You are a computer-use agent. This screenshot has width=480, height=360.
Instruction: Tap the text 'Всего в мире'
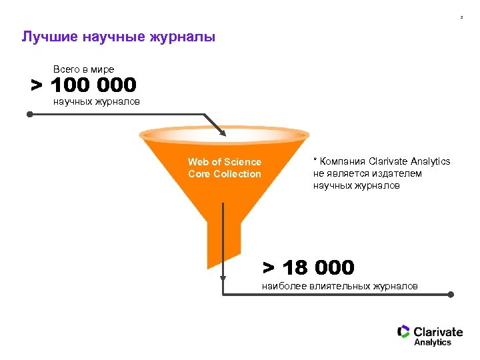pyautogui.click(x=83, y=69)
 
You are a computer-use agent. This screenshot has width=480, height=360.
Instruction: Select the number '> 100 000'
pyautogui.click(x=83, y=85)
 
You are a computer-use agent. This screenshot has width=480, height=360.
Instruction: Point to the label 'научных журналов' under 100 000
pyautogui.click(x=96, y=102)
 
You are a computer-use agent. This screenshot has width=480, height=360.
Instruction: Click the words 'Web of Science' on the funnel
pyautogui.click(x=225, y=162)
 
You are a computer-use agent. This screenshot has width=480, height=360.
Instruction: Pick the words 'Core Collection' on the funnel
pyautogui.click(x=225, y=174)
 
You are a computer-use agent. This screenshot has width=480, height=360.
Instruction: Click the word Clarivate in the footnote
pyautogui.click(x=389, y=161)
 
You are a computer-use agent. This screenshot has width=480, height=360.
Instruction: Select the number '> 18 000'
pyautogui.click(x=308, y=268)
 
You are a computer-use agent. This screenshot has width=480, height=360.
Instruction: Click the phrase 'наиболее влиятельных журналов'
pyautogui.click(x=340, y=286)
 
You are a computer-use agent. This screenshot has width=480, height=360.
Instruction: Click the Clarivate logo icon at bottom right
pyautogui.click(x=403, y=331)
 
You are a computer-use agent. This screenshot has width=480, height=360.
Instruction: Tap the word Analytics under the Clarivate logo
pyautogui.click(x=433, y=343)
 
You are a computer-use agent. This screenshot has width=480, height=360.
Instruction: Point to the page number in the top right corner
pyautogui.click(x=461, y=17)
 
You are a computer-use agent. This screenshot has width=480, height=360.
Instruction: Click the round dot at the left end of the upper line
pyautogui.click(x=29, y=115)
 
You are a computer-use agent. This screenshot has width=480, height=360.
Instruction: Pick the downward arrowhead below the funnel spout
pyautogui.click(x=224, y=280)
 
